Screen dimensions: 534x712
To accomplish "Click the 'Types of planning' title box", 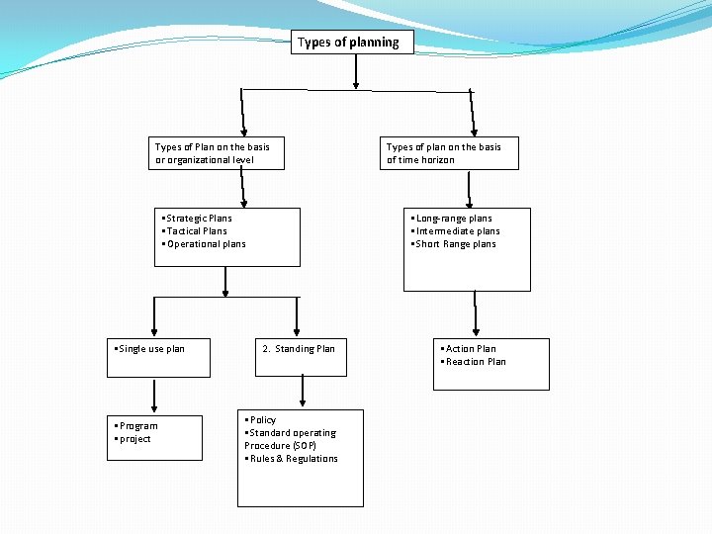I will click(x=351, y=43).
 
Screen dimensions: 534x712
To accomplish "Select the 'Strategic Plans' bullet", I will click(x=197, y=219).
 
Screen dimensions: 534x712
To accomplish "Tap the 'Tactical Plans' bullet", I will click(x=195, y=231).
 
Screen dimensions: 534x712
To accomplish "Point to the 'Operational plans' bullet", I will click(x=204, y=244).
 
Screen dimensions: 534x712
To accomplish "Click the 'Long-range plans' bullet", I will click(x=452, y=219).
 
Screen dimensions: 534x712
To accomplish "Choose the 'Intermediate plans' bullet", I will click(x=456, y=231).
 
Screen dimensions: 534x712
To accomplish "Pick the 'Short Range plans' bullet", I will click(x=454, y=244).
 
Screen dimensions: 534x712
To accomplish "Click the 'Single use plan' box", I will click(x=158, y=357).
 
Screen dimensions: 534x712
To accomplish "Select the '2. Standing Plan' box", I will click(x=300, y=357).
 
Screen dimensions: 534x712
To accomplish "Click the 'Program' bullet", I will click(x=136, y=426).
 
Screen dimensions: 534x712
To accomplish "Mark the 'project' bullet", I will click(x=133, y=439).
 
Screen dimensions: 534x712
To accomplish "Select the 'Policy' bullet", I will click(x=260, y=420).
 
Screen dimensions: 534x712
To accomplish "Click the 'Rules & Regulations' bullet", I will click(x=292, y=459).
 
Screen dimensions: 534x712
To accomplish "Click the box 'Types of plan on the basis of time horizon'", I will click(x=450, y=153).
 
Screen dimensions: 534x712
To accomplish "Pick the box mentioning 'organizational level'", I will click(x=216, y=153).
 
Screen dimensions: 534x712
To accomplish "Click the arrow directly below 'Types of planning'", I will click(x=355, y=71).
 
